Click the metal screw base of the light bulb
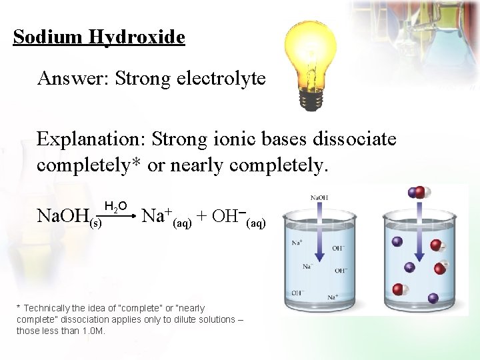point(311,99)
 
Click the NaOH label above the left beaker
point(319,197)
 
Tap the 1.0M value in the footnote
point(92,331)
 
